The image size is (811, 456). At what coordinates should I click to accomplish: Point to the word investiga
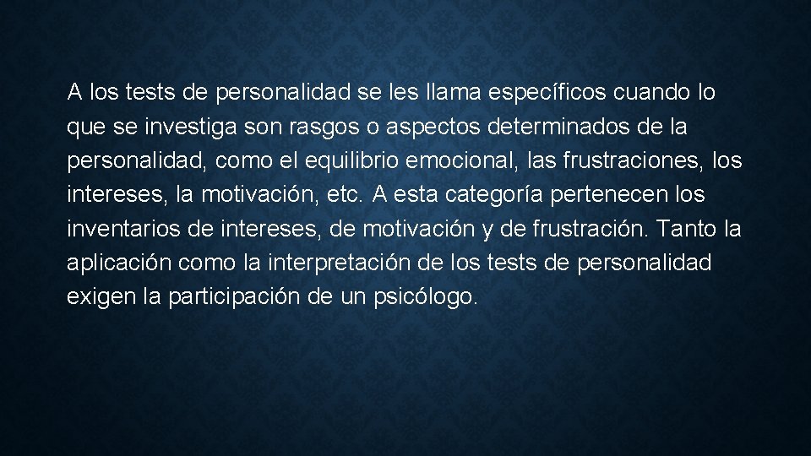click(188, 128)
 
